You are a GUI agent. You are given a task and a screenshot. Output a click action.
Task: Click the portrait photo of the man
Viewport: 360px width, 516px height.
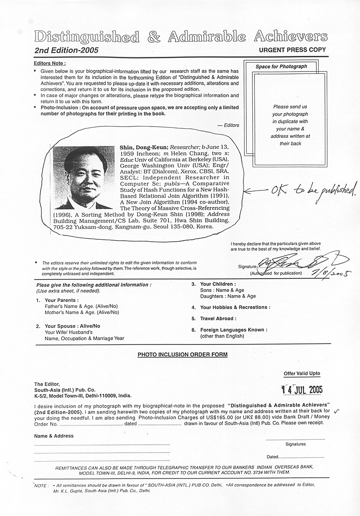tap(83, 177)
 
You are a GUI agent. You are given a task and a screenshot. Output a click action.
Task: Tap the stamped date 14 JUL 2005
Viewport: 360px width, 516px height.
tap(302, 389)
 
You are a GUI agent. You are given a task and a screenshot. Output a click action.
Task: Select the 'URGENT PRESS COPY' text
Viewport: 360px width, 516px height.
tap(292, 50)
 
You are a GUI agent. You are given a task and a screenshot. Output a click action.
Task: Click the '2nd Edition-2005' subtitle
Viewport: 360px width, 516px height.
tap(66, 50)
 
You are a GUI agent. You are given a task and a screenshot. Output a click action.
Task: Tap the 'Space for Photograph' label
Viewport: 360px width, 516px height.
tap(281, 67)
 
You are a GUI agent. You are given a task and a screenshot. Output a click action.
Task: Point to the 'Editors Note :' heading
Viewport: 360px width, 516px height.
tap(50, 63)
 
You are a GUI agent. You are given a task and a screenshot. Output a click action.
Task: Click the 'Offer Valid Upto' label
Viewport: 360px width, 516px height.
tap(302, 374)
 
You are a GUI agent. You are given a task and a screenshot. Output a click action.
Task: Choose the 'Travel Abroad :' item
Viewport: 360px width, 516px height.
tap(218, 318)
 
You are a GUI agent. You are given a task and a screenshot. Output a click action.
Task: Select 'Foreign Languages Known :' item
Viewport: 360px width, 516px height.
tap(234, 330)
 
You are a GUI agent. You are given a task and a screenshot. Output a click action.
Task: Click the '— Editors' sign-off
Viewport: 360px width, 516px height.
tap(228, 125)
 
